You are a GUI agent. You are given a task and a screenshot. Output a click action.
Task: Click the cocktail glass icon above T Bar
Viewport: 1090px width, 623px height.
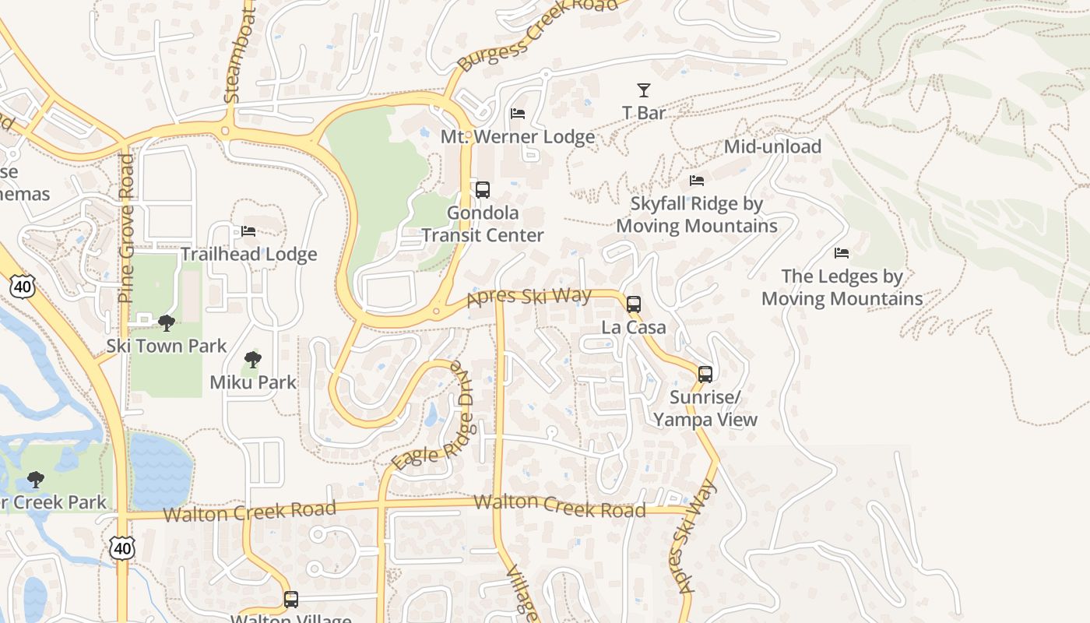coord(644,90)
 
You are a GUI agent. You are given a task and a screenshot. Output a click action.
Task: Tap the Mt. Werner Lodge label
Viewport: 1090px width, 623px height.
coord(518,137)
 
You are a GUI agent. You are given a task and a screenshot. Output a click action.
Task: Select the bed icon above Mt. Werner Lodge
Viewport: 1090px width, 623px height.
coord(518,114)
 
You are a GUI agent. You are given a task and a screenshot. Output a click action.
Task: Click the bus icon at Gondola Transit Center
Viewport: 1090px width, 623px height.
coord(483,189)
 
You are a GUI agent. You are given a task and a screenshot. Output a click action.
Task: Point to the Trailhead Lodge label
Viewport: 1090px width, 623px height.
coord(249,254)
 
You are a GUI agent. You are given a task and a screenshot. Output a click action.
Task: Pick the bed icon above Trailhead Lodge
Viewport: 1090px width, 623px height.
coord(248,231)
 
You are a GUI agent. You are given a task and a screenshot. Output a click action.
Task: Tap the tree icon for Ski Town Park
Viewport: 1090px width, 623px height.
coord(166,322)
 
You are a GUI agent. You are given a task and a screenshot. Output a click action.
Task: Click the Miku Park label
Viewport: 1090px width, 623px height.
coord(253,382)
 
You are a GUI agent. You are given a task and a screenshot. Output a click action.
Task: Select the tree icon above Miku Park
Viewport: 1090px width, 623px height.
coord(252,360)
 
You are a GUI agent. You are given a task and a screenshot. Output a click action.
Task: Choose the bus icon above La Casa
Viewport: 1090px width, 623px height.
coord(634,304)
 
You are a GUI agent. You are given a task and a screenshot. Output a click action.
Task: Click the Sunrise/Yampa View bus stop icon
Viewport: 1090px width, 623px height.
coord(705,374)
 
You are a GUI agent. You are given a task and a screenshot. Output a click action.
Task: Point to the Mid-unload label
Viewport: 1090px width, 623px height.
coord(772,146)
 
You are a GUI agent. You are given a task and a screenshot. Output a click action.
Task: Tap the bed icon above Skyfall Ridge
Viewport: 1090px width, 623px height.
coord(697,181)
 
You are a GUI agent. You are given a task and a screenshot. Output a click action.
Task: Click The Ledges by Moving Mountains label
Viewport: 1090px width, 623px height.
coord(842,287)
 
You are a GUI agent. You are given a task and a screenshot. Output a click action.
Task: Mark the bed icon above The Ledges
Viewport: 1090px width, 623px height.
coord(842,253)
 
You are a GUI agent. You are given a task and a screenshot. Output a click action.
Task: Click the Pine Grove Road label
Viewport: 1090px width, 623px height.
coord(127,227)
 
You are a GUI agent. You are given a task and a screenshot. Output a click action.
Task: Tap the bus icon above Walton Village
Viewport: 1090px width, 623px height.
coord(291,599)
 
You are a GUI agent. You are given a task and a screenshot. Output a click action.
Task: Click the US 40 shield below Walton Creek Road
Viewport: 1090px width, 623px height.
coord(121,548)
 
